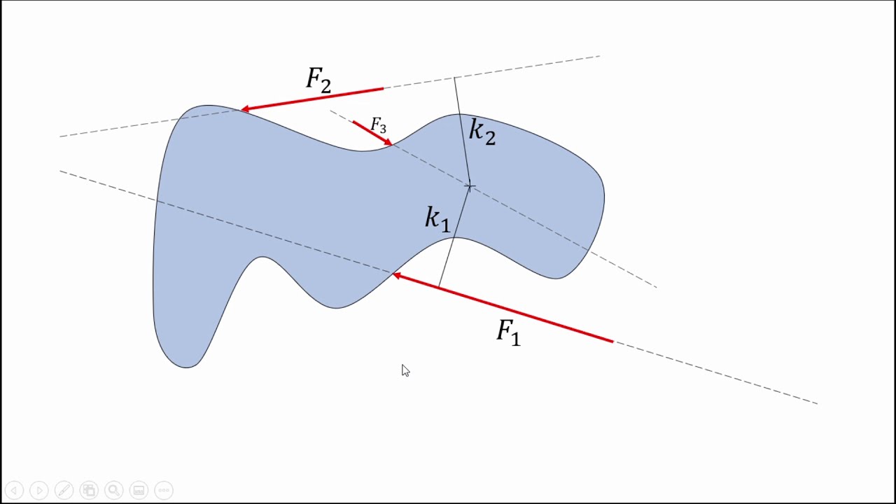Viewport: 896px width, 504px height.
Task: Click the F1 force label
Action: [x=508, y=332]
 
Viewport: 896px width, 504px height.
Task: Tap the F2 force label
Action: [x=318, y=80]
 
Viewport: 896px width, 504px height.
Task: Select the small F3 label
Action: [x=379, y=125]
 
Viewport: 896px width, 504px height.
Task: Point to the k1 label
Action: [x=437, y=219]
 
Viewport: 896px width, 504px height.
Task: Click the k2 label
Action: [x=482, y=132]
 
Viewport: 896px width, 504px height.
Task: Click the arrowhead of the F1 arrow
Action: [x=396, y=275]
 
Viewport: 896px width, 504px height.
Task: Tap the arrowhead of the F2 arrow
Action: [x=245, y=108]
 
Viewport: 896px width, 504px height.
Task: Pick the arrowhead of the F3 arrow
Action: [x=388, y=142]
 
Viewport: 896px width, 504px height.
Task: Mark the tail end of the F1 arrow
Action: [x=613, y=342]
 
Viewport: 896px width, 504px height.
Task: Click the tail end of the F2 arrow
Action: [x=383, y=88]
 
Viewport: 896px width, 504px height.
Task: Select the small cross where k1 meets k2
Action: [x=470, y=186]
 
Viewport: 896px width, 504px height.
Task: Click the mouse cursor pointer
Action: [x=405, y=370]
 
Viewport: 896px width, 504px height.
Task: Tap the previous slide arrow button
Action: [x=15, y=490]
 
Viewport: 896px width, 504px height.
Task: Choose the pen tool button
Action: [x=64, y=490]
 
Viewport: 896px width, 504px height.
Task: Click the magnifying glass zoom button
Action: [x=114, y=490]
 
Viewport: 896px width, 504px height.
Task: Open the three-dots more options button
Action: [x=164, y=490]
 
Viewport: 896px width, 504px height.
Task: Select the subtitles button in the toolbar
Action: [x=139, y=490]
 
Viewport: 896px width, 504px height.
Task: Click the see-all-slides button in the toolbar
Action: [x=89, y=490]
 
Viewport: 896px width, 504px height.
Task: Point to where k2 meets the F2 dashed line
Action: [x=454, y=77]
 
